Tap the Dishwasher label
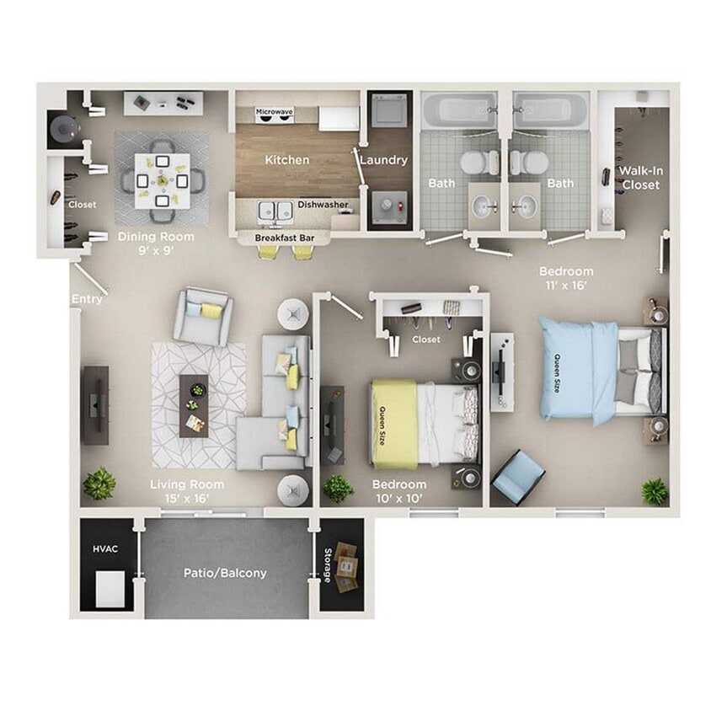coord(323,204)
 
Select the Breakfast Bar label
coord(285,238)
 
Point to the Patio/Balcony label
coord(225,573)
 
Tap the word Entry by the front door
coord(88,298)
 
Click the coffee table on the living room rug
coord(194,404)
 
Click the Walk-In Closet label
coord(641,178)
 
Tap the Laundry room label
coord(384,159)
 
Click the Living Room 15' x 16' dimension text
coord(187,491)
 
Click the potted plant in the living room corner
coord(99,484)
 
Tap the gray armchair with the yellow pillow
coord(203,315)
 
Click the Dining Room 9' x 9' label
coord(156,243)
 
